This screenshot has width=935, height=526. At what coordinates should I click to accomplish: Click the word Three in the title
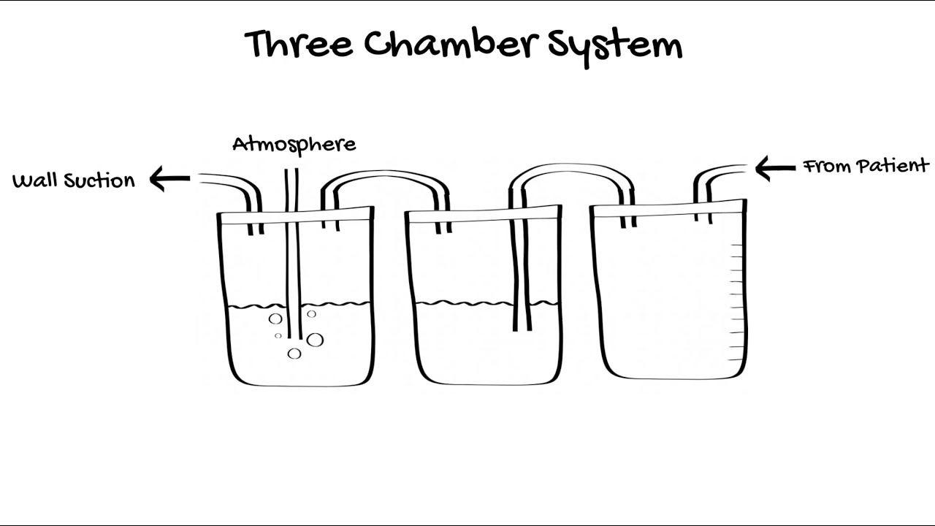pyautogui.click(x=299, y=44)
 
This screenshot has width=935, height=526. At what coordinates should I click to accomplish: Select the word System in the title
pyautogui.click(x=615, y=47)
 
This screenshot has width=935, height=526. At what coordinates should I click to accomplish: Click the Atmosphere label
pyautogui.click(x=294, y=145)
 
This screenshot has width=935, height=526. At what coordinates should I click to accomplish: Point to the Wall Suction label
pyautogui.click(x=74, y=180)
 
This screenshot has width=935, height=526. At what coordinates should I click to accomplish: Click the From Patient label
pyautogui.click(x=866, y=166)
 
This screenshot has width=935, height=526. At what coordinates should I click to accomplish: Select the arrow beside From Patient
pyautogui.click(x=776, y=168)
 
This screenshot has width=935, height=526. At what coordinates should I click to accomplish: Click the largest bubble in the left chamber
pyautogui.click(x=315, y=340)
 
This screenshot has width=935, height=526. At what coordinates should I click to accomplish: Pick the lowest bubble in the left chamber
pyautogui.click(x=294, y=354)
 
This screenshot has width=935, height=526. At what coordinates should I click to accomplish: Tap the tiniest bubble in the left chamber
pyautogui.click(x=278, y=335)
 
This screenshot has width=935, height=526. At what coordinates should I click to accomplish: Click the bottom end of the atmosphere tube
pyautogui.click(x=294, y=338)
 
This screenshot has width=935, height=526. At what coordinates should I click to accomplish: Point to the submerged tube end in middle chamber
pyautogui.click(x=522, y=329)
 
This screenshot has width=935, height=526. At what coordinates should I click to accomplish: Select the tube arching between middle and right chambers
pyautogui.click(x=572, y=169)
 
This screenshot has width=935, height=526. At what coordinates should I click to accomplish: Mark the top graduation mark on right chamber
pyautogui.click(x=736, y=245)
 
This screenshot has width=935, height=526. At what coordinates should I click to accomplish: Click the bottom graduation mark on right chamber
pyautogui.click(x=736, y=359)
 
